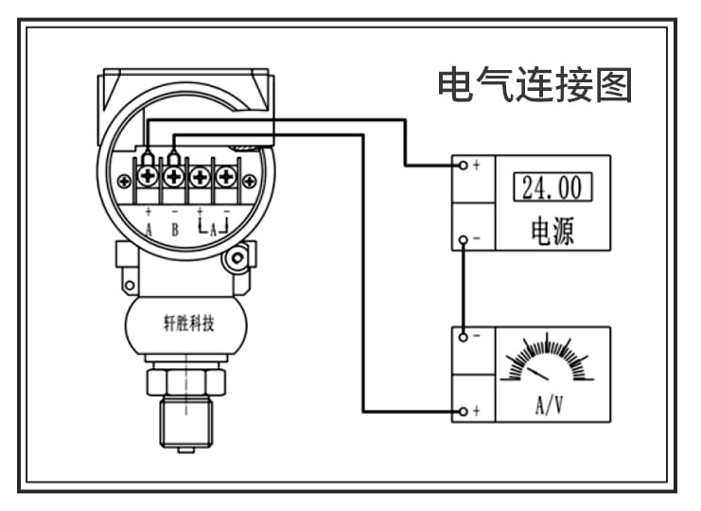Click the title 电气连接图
535,85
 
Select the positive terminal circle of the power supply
462,165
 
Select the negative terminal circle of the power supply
462,240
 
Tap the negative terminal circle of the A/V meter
462,336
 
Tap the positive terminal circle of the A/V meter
462,412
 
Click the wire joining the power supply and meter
462,289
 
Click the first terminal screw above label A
149,177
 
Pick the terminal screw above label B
174,177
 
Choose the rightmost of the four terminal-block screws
225,177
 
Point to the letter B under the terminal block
174,229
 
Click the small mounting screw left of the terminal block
124,181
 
